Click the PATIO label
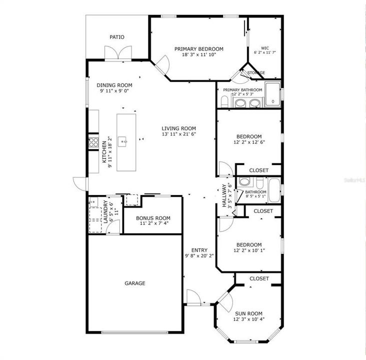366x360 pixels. tap(117, 37)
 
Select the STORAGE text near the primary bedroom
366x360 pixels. tap(256, 73)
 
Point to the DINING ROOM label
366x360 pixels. tap(114, 85)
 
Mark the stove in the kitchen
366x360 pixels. tap(93, 142)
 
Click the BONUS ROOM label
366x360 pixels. tap(153, 218)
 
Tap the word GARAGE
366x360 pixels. tap(135, 283)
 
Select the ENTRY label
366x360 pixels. tap(199, 250)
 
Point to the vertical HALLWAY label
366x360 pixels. tap(224, 196)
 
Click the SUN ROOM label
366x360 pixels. tap(248, 313)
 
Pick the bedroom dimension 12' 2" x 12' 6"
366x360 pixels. tap(248, 142)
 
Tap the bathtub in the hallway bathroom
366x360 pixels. tap(274, 190)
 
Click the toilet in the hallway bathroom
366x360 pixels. tap(244, 182)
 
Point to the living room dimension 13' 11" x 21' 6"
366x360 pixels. tap(178, 134)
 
